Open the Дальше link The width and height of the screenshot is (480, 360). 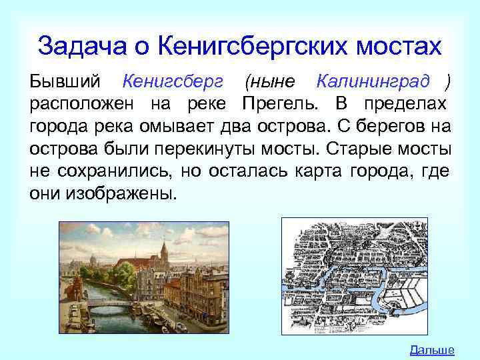coord(431,349)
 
